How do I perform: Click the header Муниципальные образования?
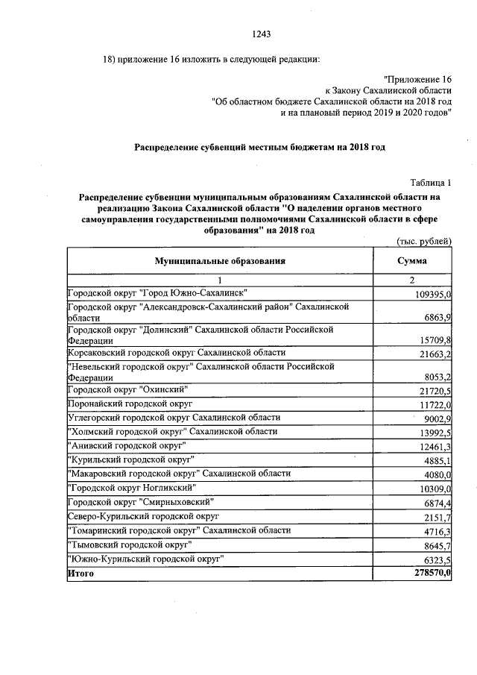220,261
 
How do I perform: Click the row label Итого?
81,573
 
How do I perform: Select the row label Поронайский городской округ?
130,403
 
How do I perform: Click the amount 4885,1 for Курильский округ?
437,459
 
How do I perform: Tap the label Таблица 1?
431,182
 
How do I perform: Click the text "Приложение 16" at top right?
417,78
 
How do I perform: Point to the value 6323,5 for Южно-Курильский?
437,559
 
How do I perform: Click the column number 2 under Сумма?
411,280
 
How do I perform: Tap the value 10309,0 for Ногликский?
435,488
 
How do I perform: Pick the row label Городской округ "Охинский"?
127,389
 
